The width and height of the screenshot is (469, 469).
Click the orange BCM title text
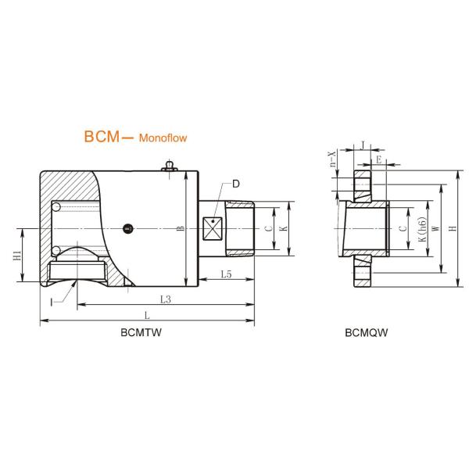[102, 136]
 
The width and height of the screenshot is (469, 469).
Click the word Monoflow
[163, 138]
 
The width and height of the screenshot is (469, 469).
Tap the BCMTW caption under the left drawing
[141, 332]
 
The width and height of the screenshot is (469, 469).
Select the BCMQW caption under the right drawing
[366, 332]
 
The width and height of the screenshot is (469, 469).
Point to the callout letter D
[236, 184]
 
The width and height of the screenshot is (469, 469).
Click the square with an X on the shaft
[213, 228]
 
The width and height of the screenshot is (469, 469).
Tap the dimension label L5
[226, 274]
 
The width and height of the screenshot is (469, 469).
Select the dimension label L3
[166, 299]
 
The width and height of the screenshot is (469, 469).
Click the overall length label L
[147, 315]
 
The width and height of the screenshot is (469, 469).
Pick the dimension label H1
[17, 255]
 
